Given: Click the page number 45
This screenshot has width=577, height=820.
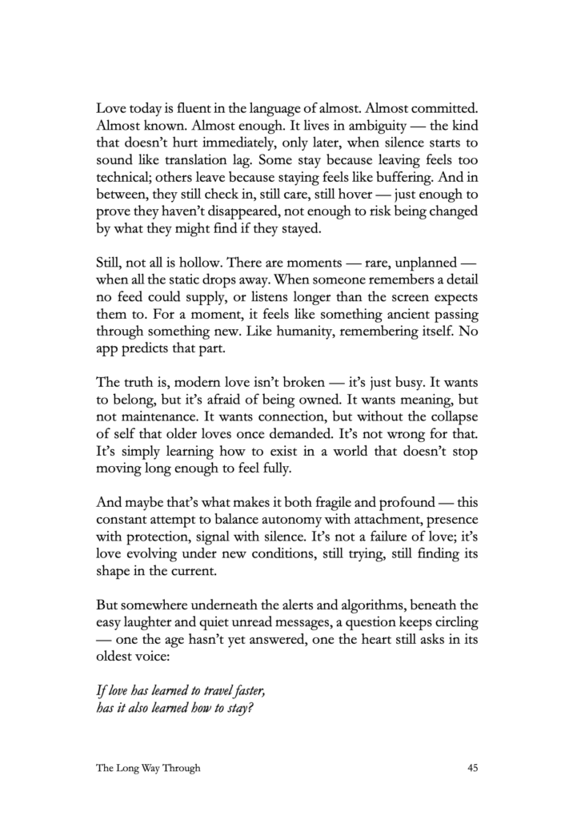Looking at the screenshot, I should pos(472,768).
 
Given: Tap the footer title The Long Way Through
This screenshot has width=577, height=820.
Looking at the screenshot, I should pos(148,768).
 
